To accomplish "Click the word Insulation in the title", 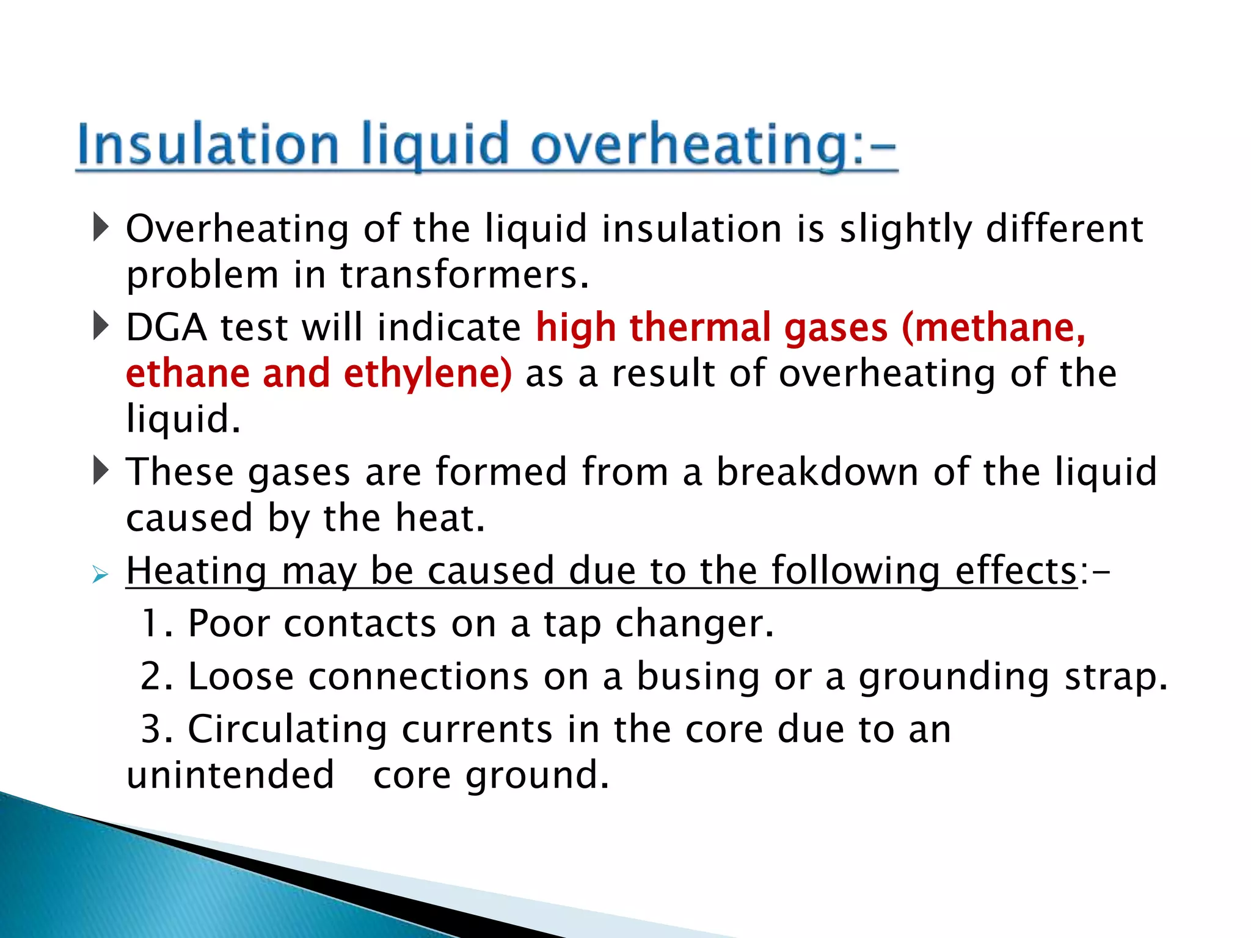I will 208,145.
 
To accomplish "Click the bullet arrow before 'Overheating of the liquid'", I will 101,227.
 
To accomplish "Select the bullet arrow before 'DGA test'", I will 101,326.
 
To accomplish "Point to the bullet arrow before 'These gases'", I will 101,471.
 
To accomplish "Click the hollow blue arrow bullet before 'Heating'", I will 100,574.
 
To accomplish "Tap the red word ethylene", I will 428,374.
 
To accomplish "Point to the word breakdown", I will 817,472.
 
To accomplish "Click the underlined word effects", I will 1015,571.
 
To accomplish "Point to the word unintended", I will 230,775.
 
